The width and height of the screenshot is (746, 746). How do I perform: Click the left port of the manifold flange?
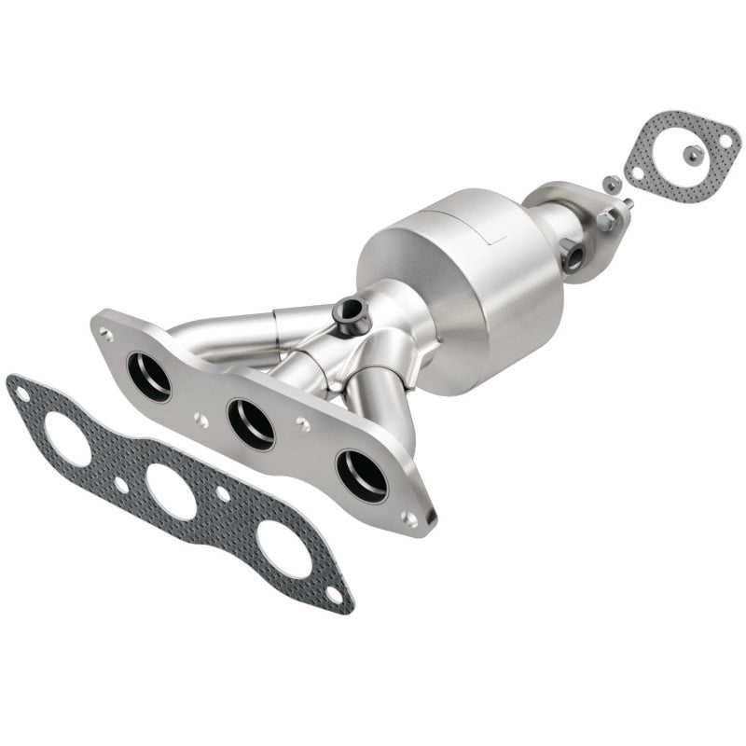click(149, 376)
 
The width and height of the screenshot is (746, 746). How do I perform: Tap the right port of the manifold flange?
click(362, 474)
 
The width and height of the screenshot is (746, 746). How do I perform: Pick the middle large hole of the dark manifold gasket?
click(172, 491)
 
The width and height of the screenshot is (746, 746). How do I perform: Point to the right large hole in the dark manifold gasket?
click(283, 549)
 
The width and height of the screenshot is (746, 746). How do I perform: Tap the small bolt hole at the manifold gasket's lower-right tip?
click(334, 592)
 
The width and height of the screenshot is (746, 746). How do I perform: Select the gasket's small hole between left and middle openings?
click(121, 484)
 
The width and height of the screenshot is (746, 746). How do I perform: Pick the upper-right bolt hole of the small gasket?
click(725, 139)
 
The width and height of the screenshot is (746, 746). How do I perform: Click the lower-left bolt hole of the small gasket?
click(637, 173)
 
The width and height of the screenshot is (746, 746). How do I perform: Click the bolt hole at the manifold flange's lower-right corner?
click(410, 514)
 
